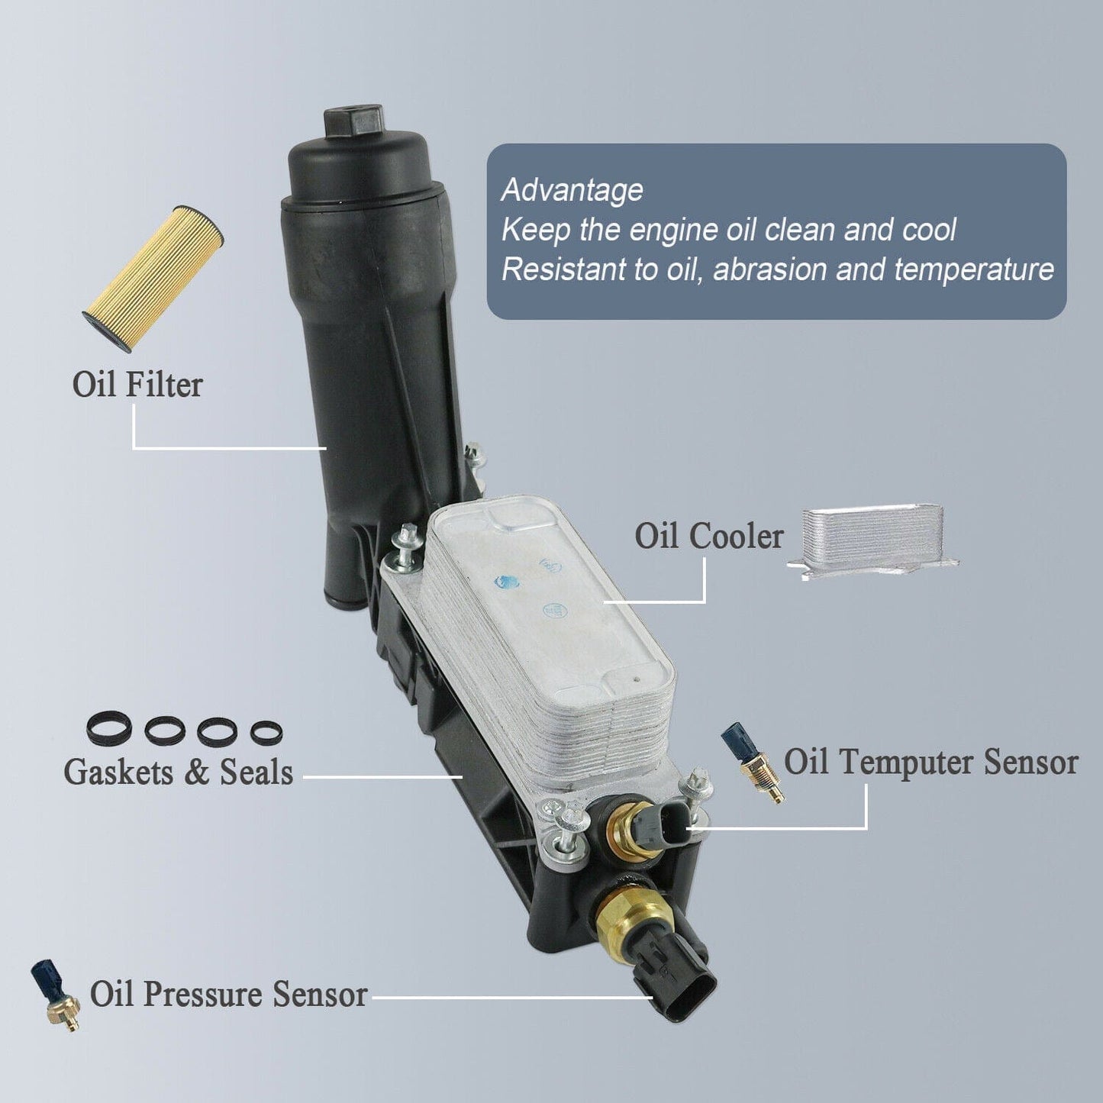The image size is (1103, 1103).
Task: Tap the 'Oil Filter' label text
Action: (x=137, y=384)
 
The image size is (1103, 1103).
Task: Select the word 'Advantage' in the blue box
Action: (x=572, y=191)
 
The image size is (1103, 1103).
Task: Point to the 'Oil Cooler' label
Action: (x=708, y=537)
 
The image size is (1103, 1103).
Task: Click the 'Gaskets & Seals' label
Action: (x=178, y=772)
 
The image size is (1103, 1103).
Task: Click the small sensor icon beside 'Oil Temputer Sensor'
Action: (x=752, y=763)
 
